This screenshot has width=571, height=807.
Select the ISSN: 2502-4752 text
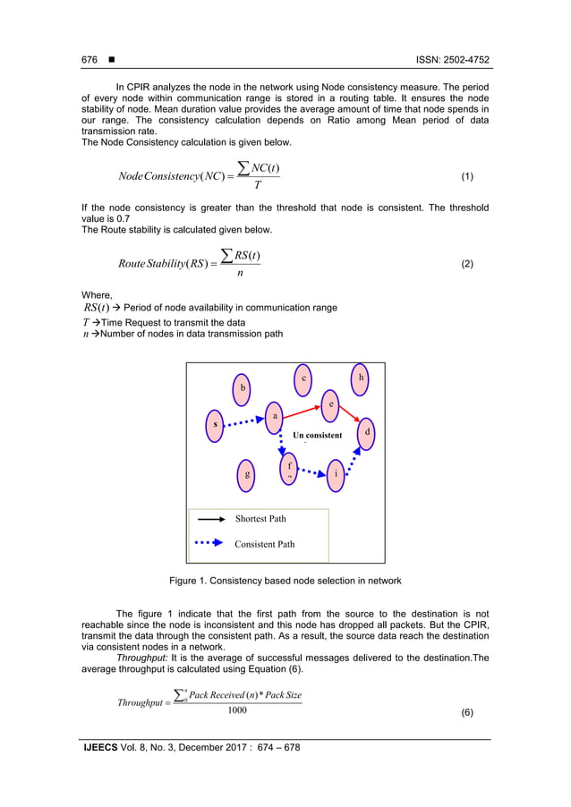453,60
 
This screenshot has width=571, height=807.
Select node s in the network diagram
215,424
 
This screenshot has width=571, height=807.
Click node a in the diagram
275,416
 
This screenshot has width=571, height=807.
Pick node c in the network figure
304,378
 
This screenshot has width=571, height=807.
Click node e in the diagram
331,404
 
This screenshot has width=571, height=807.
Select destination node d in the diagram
367,433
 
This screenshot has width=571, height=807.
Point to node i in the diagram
335,474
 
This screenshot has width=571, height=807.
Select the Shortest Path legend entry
260,518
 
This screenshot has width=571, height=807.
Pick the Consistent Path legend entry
264,543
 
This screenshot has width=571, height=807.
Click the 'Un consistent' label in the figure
317,436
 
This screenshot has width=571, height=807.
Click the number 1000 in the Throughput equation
237,709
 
